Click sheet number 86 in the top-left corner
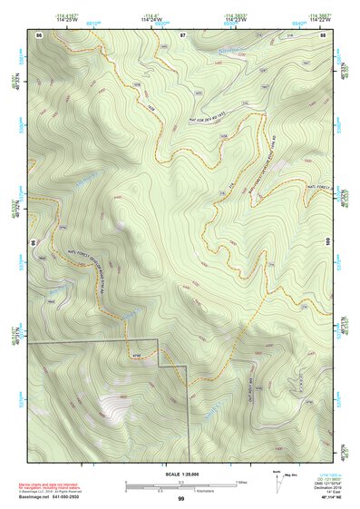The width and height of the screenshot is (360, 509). [x=39, y=34]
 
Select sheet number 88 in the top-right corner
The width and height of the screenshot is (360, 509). [x=323, y=34]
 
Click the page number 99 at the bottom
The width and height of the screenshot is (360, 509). [x=181, y=498]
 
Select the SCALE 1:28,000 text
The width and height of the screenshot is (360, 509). [x=181, y=474]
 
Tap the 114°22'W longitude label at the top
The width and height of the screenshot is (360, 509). [x=320, y=19]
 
